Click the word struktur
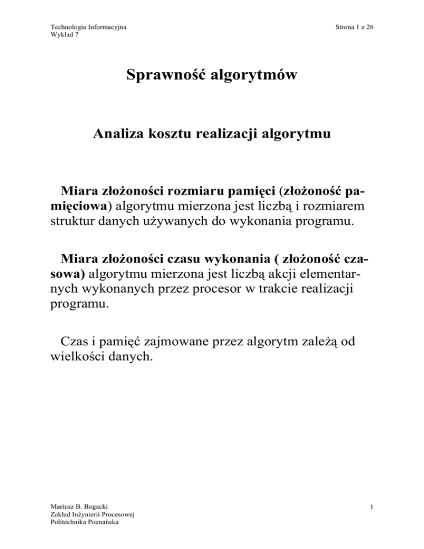coord(65,227)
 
